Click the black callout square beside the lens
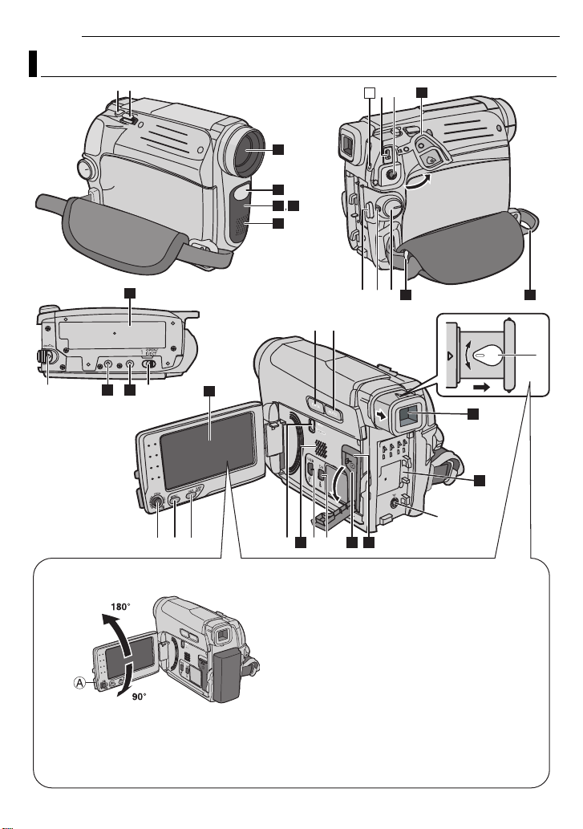tap(278, 148)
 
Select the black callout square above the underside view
tap(128, 293)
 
